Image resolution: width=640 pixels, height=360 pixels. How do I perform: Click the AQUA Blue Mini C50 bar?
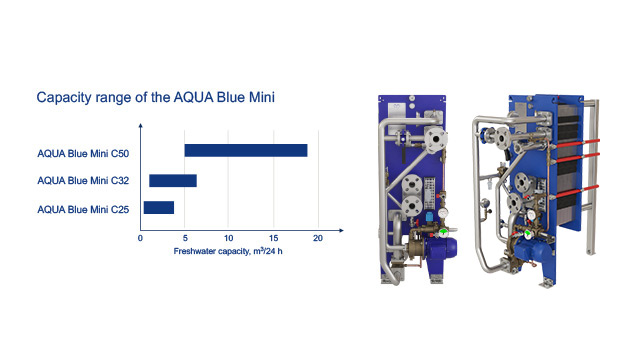tap(246, 150)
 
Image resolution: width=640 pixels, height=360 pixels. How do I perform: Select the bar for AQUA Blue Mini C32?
tap(173, 180)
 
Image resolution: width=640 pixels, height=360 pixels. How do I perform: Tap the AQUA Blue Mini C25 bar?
tap(159, 207)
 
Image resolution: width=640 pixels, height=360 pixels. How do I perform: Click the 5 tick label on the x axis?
tap(185, 238)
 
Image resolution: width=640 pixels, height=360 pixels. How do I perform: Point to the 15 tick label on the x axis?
tap(273, 238)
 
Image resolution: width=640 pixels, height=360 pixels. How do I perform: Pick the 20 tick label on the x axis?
tap(318, 238)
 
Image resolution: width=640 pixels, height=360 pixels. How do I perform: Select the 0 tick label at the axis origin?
tap(140, 238)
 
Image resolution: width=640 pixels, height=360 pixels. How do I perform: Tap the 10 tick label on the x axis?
tap(229, 238)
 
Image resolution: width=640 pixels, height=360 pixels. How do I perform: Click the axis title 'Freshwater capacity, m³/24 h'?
tap(228, 251)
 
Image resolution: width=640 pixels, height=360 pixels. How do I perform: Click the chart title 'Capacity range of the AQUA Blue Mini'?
tap(156, 97)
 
